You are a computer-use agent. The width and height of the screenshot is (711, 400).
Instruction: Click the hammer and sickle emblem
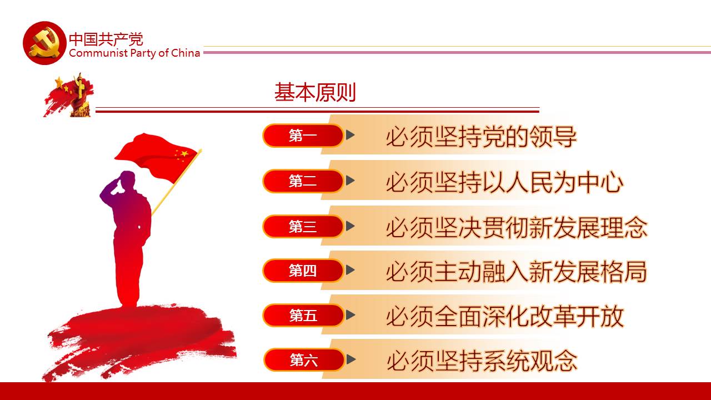[44, 43]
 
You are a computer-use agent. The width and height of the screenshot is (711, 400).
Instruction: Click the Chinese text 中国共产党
[106, 39]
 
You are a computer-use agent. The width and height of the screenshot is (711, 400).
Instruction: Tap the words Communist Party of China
[134, 53]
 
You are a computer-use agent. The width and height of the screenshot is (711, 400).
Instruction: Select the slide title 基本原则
[315, 92]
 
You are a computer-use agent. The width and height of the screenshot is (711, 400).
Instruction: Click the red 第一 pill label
[303, 136]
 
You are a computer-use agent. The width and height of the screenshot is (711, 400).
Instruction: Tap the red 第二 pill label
[303, 181]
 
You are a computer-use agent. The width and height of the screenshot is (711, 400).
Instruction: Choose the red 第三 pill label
[303, 226]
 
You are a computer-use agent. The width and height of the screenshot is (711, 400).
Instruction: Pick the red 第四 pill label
[303, 271]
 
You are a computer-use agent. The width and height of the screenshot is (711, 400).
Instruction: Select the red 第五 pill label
[303, 315]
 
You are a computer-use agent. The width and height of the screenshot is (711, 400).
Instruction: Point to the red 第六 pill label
[304, 360]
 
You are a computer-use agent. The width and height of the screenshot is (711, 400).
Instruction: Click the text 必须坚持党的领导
[481, 137]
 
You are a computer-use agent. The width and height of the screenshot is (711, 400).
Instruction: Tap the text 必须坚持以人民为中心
[505, 182]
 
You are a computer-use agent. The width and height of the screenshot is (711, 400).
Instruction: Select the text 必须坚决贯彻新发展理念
[517, 228]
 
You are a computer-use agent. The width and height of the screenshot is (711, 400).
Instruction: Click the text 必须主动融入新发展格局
[517, 272]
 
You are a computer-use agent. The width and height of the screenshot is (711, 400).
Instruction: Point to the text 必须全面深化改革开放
[505, 317]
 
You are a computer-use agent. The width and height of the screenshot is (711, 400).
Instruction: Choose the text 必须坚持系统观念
[482, 361]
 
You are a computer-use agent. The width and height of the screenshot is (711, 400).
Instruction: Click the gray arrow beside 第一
[350, 134]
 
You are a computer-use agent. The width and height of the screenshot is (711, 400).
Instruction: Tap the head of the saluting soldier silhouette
[127, 179]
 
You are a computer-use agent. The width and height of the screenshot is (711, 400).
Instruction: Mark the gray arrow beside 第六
[351, 359]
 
